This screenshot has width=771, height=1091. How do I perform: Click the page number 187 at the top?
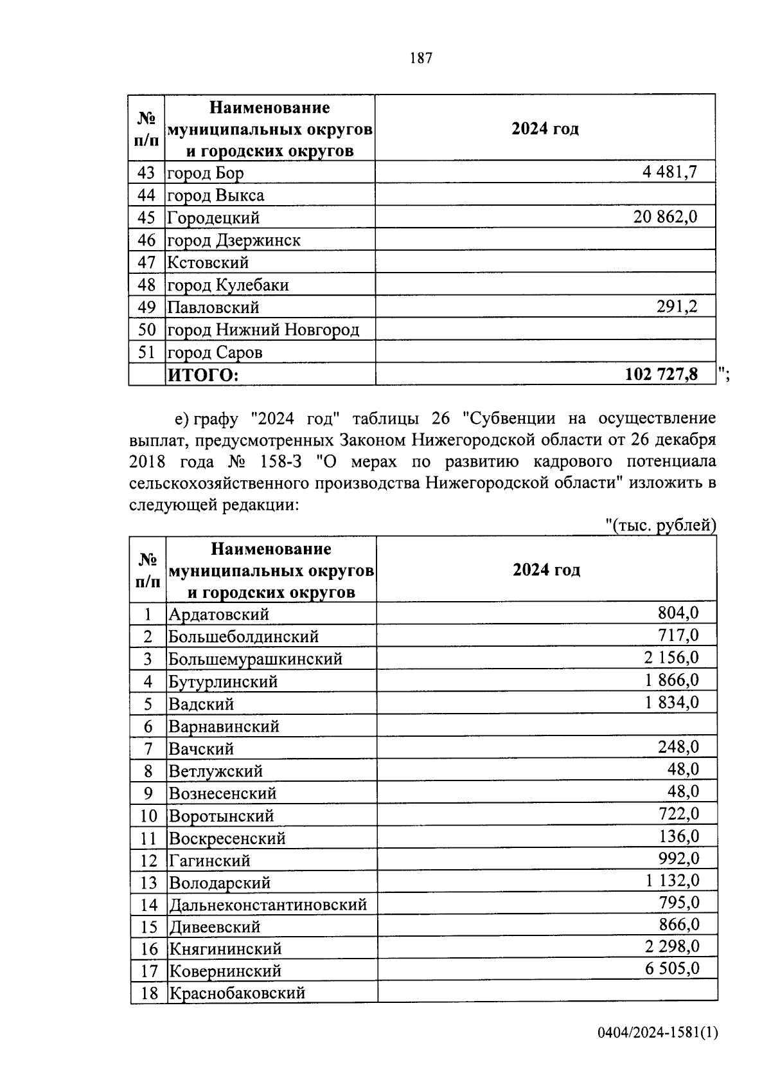421,59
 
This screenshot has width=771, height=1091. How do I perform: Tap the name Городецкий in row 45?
213,217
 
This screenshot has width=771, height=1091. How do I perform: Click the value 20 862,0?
665,217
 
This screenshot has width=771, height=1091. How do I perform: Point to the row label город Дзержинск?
234,240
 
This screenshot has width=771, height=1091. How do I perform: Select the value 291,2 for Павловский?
677,307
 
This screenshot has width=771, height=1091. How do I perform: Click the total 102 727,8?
661,374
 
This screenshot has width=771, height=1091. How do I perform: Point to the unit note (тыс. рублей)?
661,525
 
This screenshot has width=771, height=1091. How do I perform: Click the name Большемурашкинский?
255,659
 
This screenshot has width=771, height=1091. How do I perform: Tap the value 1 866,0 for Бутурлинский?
672,680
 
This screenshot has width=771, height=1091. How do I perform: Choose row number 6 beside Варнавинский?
148,726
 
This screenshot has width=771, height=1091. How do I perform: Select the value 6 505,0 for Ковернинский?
672,968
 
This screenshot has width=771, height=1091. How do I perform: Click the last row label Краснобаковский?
236,993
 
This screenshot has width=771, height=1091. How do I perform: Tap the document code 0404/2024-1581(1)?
657,1050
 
